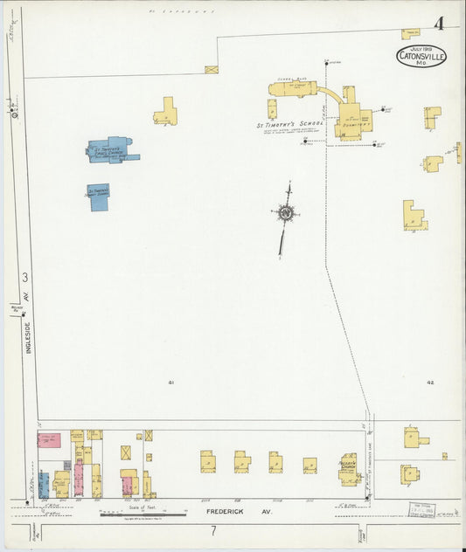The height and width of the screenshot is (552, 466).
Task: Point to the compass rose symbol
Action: [x=285, y=212]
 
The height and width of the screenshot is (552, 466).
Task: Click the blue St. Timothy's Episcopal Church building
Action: [x=110, y=150]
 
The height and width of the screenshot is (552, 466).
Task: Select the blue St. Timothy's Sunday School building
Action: [x=99, y=196]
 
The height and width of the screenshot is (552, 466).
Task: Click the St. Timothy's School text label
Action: [x=289, y=124]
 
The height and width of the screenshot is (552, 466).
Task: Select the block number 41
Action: [x=171, y=383]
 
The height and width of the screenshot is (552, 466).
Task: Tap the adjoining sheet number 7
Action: [x=212, y=529]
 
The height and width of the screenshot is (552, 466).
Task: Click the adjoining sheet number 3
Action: [x=25, y=277]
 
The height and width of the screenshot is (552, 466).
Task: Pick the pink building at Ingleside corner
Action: [x=50, y=440]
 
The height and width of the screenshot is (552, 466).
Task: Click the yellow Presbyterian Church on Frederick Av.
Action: [x=350, y=468]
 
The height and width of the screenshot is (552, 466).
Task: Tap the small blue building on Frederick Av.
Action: [x=67, y=466]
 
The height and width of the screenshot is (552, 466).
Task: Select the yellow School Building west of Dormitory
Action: [x=292, y=89]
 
